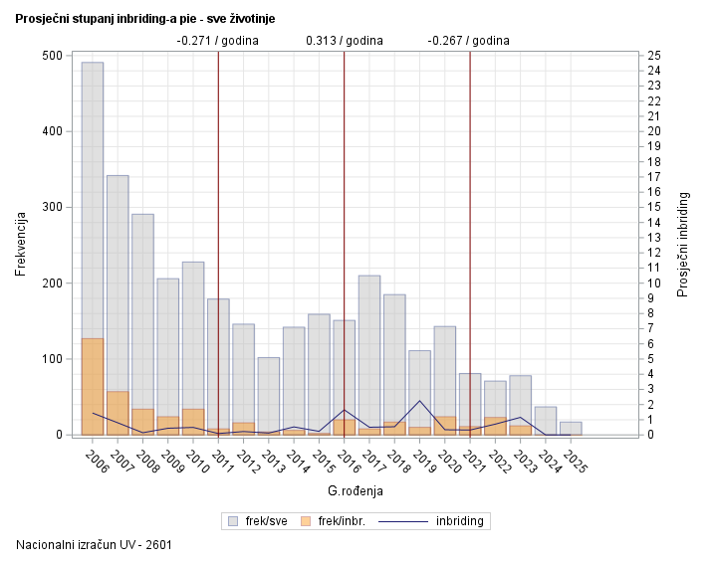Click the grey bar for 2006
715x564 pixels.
93,199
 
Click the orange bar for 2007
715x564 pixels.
118,413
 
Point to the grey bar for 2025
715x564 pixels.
571,428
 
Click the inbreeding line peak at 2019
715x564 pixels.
419,401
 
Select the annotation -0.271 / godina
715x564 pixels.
217,41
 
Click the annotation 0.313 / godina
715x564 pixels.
344,41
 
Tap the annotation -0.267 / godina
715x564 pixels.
468,41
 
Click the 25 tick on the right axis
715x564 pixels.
653,56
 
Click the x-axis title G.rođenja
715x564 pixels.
355,491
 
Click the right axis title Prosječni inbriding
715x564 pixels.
683,244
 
